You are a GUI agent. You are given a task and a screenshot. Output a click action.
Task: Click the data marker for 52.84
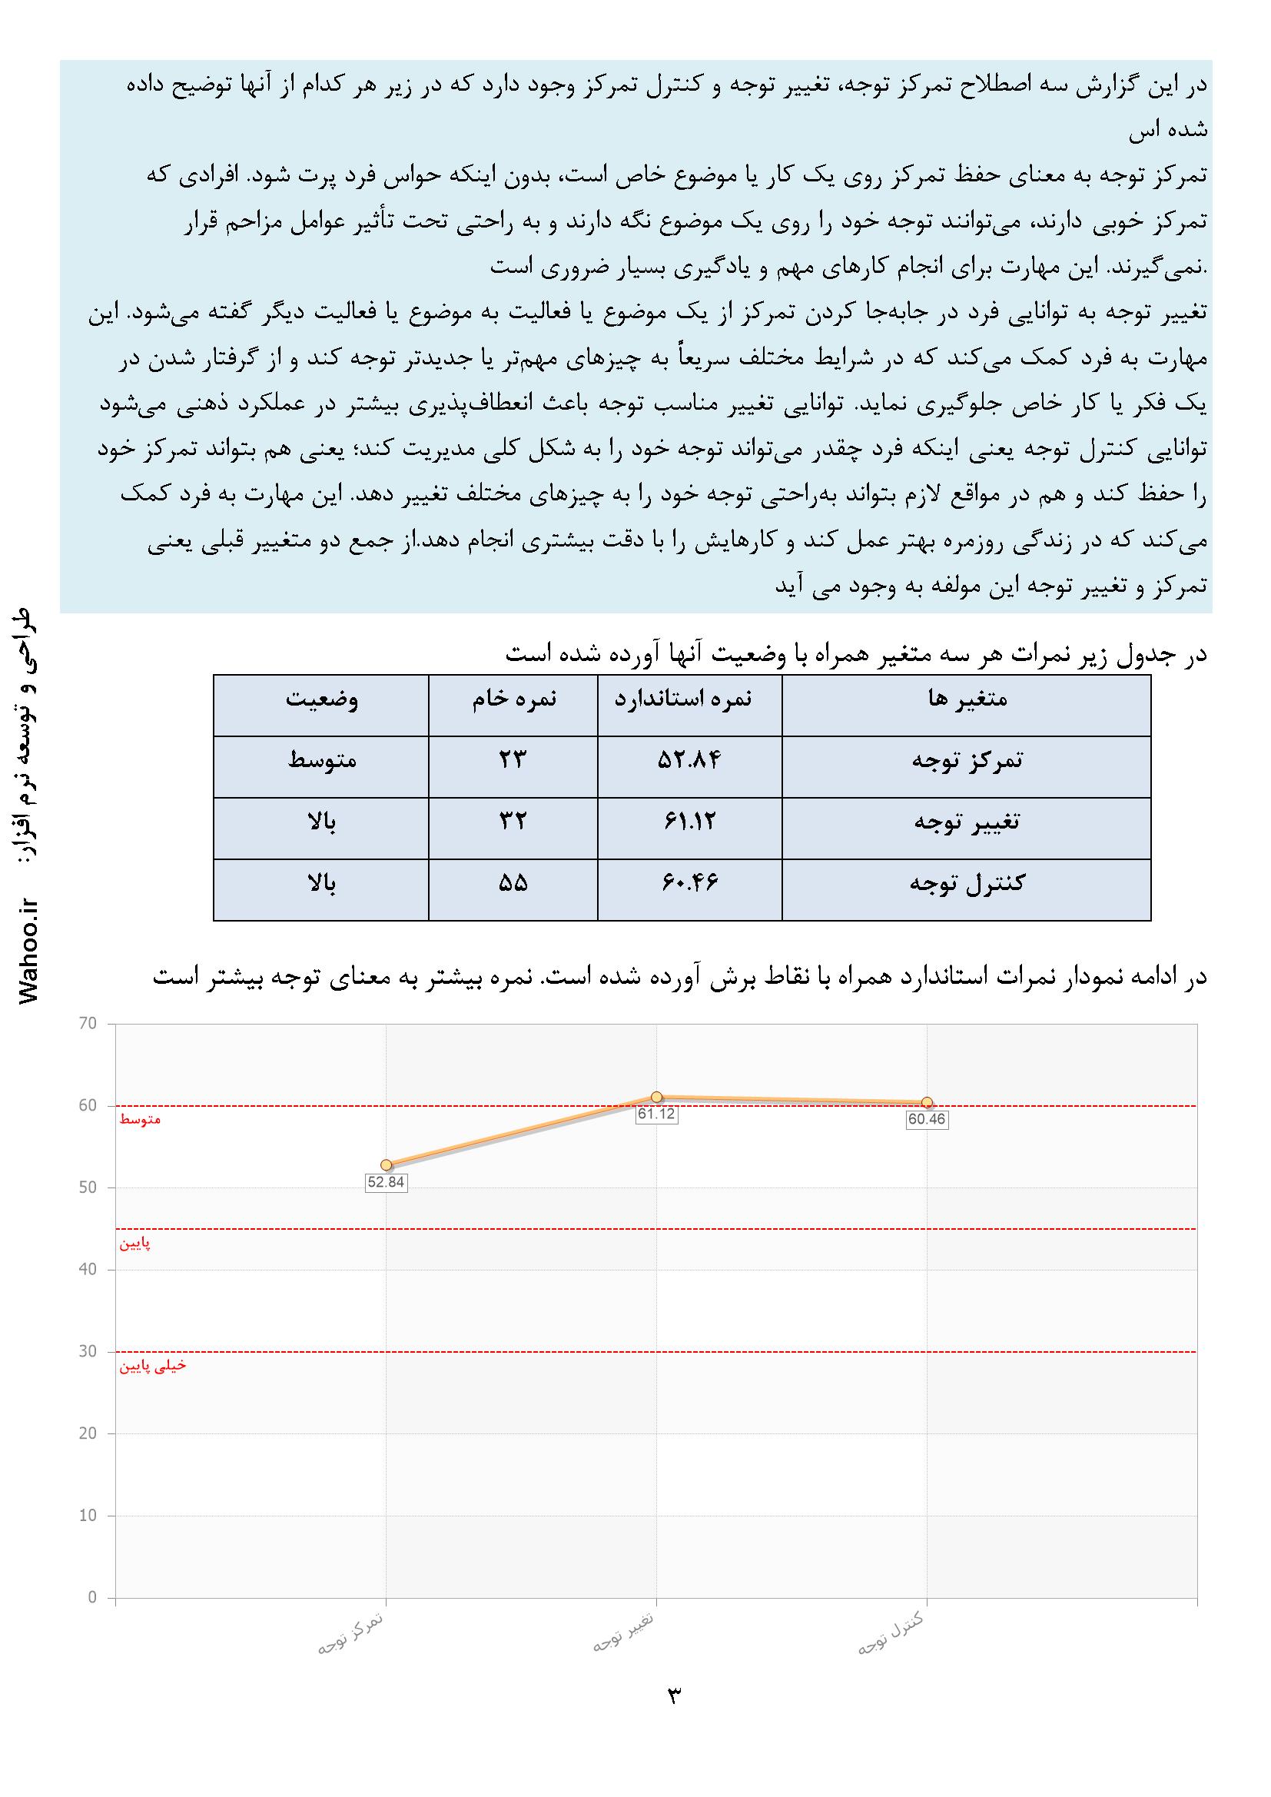[386, 1164]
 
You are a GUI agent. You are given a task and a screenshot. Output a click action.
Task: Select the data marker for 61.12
[656, 1097]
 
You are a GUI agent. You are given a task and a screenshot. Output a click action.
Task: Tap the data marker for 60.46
[928, 1102]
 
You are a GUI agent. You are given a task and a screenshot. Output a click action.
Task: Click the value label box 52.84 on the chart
[386, 1182]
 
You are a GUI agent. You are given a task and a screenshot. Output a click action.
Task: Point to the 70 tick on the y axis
[88, 1024]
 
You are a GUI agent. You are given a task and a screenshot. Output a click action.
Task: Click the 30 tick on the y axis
[88, 1352]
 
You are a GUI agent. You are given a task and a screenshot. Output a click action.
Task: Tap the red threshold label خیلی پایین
[153, 1367]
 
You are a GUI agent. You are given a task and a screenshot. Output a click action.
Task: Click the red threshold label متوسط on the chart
[140, 1120]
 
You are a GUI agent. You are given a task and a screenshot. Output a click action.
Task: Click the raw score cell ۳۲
[513, 822]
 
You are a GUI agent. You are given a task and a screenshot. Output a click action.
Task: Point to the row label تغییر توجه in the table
[967, 822]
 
